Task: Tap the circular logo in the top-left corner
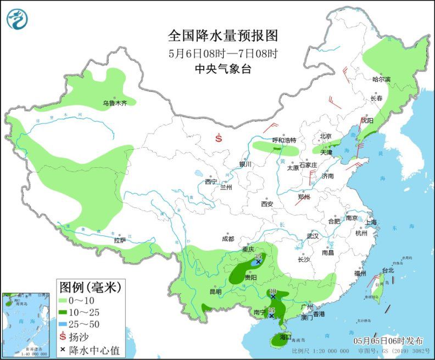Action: click(18, 19)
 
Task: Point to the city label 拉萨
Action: click(120, 240)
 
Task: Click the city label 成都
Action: click(228, 239)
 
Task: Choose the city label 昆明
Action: click(215, 292)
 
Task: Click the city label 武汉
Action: click(313, 235)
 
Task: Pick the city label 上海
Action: click(370, 222)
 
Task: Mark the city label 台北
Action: click(388, 271)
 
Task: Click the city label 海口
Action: click(285, 336)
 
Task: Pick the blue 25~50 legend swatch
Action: click(64, 324)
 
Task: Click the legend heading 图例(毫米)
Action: click(89, 286)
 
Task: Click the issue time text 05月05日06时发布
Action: click(388, 340)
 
